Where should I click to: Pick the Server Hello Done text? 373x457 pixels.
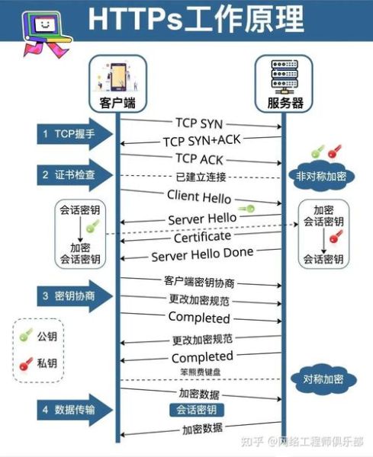tap(202, 255)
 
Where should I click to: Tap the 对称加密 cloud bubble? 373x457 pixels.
tap(320, 379)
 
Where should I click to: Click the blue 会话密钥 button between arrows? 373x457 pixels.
tap(197, 410)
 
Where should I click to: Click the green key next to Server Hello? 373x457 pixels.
tap(246, 209)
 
